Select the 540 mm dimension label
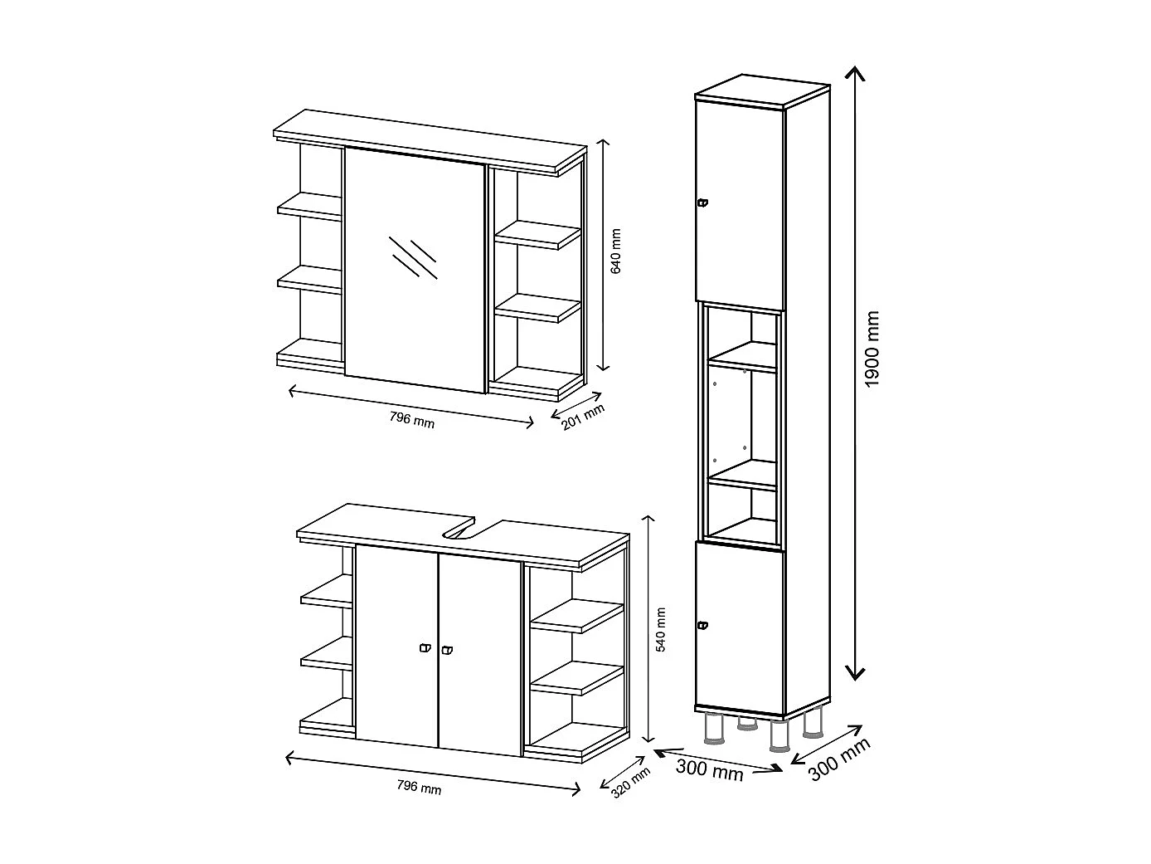[x=661, y=630]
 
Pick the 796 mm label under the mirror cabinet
[x=411, y=420]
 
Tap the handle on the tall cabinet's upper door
[x=702, y=203]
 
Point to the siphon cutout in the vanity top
[x=461, y=530]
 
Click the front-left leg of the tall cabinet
[x=711, y=728]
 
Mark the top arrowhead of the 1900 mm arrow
[x=854, y=73]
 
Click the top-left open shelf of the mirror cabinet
[x=309, y=205]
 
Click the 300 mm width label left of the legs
[x=709, y=769]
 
